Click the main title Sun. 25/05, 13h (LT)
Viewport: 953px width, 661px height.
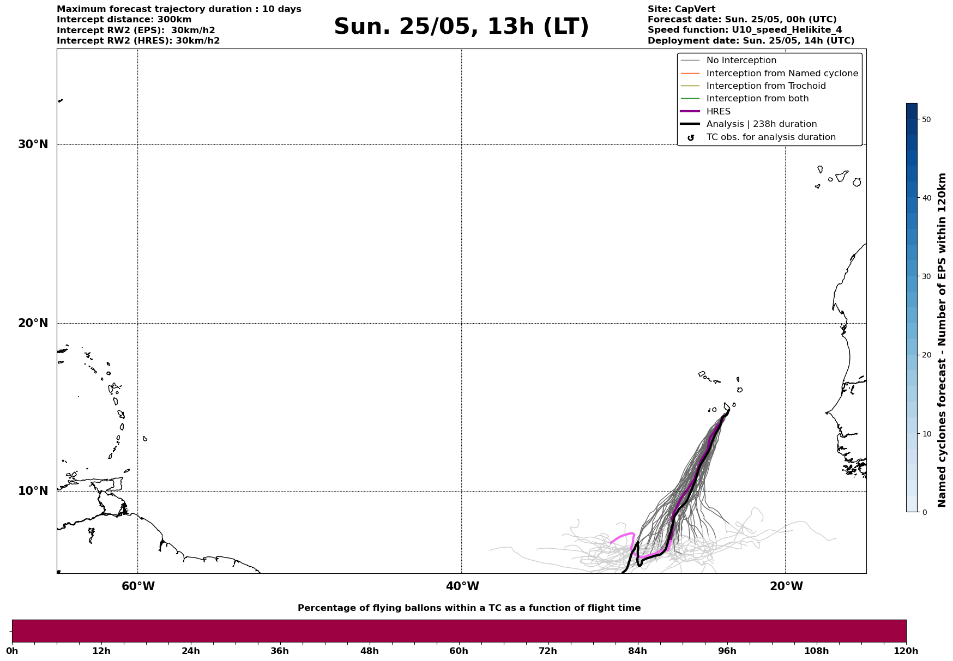461,27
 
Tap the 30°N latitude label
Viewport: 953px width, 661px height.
33,144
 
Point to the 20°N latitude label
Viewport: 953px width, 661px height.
33,323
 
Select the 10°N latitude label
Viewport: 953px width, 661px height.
33,491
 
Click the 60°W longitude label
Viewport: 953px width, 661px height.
138,586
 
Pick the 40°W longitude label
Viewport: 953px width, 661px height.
462,586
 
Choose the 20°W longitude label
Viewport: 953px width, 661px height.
786,586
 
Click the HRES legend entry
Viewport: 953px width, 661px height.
718,112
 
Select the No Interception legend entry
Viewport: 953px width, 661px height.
741,60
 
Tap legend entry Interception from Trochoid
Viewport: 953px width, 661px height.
765,86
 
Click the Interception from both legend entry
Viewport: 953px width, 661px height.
757,99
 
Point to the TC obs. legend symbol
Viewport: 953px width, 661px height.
691,138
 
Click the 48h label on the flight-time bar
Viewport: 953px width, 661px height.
369,651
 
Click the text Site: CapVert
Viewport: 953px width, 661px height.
681,9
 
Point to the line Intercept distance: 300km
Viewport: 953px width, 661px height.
124,20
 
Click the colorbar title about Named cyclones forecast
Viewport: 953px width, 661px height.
942,340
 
